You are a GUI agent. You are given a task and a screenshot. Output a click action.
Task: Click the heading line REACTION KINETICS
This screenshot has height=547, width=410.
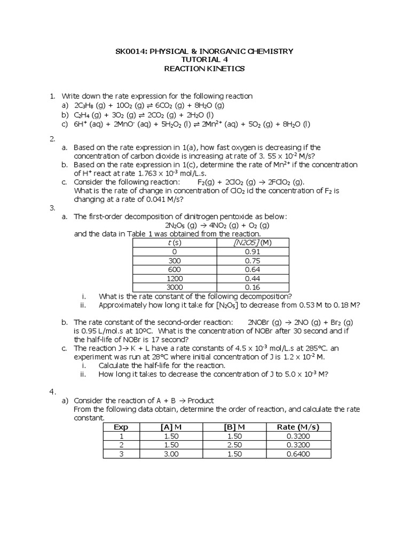coord(204,69)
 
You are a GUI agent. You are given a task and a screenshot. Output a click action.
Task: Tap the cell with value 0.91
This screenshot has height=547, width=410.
coord(251,252)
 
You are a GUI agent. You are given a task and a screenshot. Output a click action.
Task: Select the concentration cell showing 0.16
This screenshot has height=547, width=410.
coord(251,287)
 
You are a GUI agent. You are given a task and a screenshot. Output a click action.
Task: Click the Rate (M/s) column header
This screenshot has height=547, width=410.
coord(294,427)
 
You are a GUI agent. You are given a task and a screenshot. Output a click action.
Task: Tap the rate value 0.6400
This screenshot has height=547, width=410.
coord(294,454)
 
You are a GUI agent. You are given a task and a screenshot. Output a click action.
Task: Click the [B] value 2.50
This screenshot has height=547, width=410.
coord(234,445)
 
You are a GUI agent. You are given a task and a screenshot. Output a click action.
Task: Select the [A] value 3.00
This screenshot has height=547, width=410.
coord(171,454)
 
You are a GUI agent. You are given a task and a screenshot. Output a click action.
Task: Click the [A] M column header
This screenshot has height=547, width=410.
coord(171,427)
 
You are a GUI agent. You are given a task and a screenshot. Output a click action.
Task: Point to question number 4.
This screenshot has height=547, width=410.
coord(52,392)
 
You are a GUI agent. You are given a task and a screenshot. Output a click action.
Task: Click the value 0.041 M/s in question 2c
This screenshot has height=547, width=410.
coord(160,199)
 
